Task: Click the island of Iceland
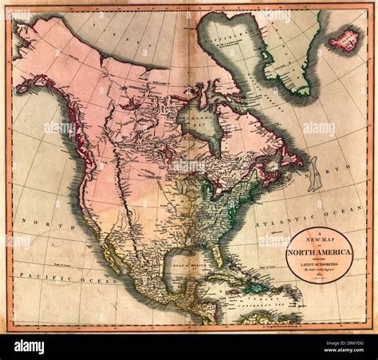click(345, 38)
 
